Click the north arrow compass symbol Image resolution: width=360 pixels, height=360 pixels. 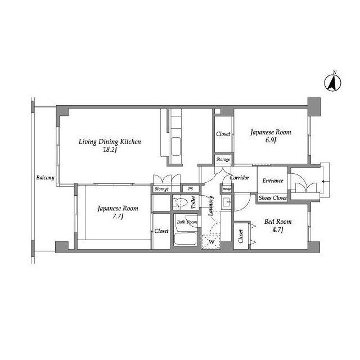coord(332,82)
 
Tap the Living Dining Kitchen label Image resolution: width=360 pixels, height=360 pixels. coord(110,142)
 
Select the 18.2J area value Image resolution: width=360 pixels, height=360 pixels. coord(110,150)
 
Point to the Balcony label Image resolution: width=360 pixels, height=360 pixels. coord(45,178)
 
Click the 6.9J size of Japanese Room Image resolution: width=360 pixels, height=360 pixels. coord(271,140)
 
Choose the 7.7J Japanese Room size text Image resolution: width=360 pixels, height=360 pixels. coord(118,216)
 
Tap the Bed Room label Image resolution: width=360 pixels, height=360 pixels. coord(278,222)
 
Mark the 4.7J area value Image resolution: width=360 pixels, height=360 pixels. coord(278,229)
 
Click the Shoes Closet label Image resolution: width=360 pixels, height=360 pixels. coord(273,197)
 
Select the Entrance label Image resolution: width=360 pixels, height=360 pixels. coord(273,181)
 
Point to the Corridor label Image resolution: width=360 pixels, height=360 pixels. coord(240,178)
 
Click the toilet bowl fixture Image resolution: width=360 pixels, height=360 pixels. coord(180,202)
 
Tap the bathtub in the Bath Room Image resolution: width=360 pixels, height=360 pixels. coord(185,238)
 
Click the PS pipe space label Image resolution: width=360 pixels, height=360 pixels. coord(190,189)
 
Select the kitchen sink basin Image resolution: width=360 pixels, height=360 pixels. coord(176,147)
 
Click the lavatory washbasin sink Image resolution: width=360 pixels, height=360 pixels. coord(227,202)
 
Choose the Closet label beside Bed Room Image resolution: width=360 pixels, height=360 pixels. coord(241,236)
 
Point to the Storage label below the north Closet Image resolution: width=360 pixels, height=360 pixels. coord(223,159)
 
